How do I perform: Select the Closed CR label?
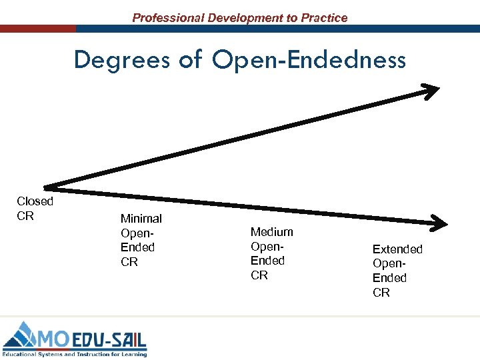[35, 208]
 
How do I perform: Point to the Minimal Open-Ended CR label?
[141, 240]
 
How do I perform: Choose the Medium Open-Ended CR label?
[271, 253]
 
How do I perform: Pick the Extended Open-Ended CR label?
[397, 271]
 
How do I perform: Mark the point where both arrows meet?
[45, 187]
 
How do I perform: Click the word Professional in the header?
[168, 18]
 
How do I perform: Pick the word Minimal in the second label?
[141, 218]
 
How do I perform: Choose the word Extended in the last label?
[397, 249]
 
